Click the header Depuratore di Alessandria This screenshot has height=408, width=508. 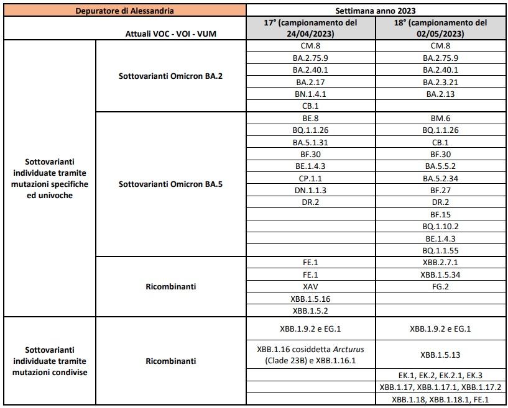tap(125, 11)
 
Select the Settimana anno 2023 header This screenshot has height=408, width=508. tap(377, 11)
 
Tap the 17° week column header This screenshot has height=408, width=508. tap(311, 28)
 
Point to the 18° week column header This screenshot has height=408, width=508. tap(440, 28)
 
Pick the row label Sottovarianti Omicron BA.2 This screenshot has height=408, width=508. tap(170, 76)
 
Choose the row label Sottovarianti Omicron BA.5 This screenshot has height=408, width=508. tap(170, 183)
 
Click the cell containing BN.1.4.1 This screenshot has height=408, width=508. tap(311, 94)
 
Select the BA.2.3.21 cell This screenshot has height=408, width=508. tap(440, 82)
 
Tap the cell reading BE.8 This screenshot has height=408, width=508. tap(311, 118)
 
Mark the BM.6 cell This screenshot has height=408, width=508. tap(440, 118)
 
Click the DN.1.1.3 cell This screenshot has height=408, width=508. tap(311, 190)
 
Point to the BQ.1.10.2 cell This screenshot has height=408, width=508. tap(440, 226)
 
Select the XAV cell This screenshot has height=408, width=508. tap(311, 286)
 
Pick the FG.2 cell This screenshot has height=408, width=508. tap(440, 286)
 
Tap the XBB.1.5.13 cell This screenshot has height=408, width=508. tap(440, 355)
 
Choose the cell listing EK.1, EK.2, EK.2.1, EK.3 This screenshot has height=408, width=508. tap(440, 376)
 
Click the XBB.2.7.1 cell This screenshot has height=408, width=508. tap(440, 263)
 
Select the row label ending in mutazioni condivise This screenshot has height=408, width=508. tap(49, 361)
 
